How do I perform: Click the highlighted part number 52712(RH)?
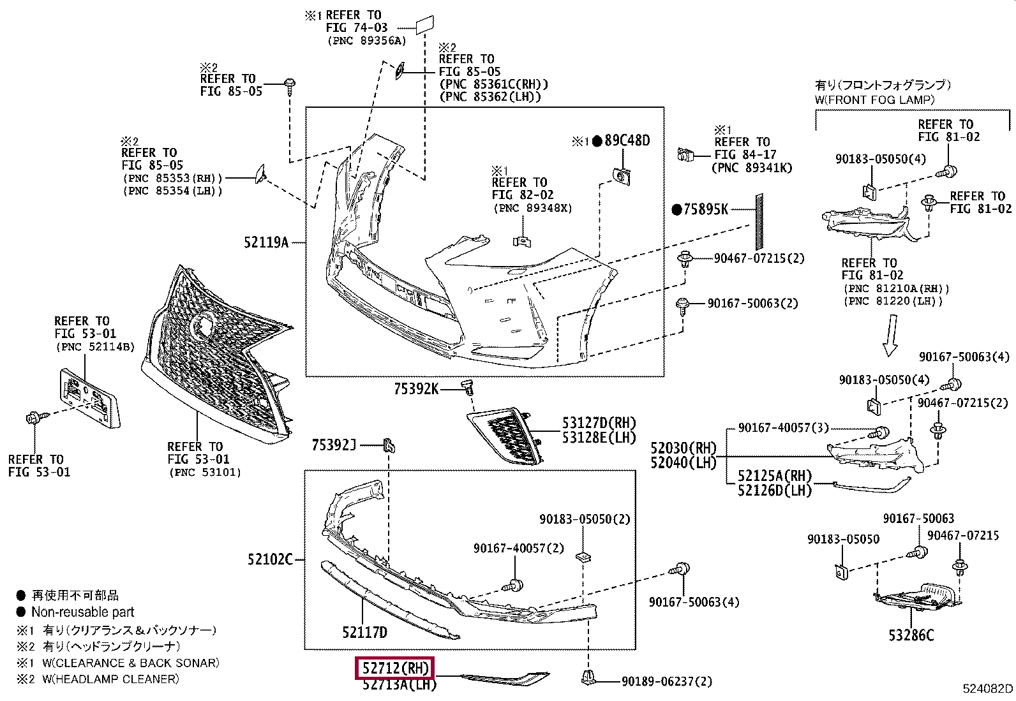point(395,668)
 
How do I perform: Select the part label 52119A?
point(266,242)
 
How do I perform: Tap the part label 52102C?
point(271,559)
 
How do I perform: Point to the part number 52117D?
point(364,632)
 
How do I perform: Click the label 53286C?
point(911,635)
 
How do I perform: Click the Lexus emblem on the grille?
point(202,325)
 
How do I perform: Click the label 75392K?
point(416,388)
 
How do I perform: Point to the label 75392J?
point(334,445)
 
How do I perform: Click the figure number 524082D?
point(988,688)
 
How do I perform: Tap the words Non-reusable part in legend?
point(82,612)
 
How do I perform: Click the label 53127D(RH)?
point(599,423)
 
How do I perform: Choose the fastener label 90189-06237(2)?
point(667,681)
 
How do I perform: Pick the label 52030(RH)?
point(684,448)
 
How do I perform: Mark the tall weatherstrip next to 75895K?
point(759,221)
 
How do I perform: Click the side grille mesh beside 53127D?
point(505,435)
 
